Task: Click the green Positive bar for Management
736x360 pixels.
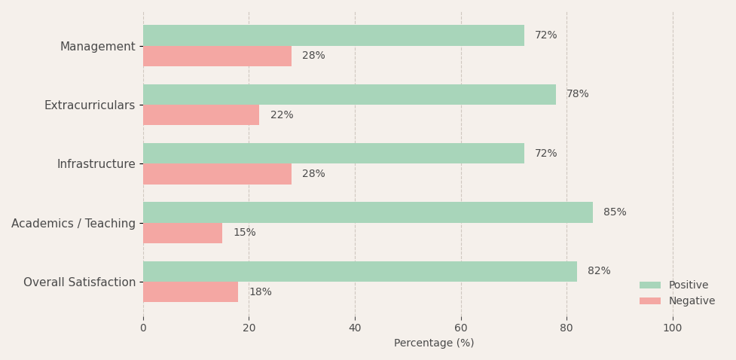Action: [x=334, y=35]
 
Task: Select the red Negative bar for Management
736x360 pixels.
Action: [x=217, y=56]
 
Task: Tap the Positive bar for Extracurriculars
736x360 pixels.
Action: [x=350, y=94]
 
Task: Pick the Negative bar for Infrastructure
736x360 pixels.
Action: [x=217, y=174]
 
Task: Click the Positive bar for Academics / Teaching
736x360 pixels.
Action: [x=368, y=212]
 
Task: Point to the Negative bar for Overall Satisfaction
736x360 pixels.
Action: [x=191, y=292]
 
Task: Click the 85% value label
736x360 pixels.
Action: [x=615, y=212]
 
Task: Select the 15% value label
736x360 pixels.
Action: [x=245, y=233]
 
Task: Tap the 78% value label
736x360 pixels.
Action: [x=577, y=94]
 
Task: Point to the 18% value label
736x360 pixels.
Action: [x=261, y=292]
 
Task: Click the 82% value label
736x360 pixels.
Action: [x=599, y=271]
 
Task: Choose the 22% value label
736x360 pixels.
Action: [x=282, y=115]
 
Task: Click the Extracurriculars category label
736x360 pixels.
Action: [x=90, y=105]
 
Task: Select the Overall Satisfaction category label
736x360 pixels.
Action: [x=79, y=282]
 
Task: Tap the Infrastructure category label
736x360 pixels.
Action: [x=96, y=163]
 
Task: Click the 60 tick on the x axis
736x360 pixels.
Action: [x=461, y=328]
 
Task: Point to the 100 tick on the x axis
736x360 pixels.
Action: [x=673, y=328]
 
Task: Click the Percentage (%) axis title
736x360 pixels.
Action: [x=434, y=343]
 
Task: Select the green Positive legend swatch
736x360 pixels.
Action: [x=650, y=285]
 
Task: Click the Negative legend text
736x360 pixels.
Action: [x=692, y=301]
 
